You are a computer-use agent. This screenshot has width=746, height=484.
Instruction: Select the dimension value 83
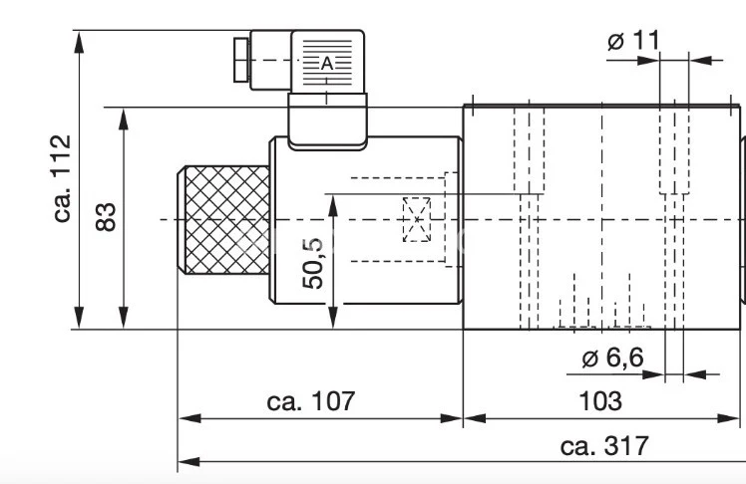pyautogui.click(x=108, y=216)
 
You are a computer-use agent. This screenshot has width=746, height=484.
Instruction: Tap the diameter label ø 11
pyautogui.click(x=633, y=41)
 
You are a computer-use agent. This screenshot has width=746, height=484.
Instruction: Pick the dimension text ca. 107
pyautogui.click(x=311, y=401)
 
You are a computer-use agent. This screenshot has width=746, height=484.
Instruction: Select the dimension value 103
pyautogui.click(x=599, y=401)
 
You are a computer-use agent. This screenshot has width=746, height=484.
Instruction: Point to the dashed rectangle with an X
pyautogui.click(x=416, y=219)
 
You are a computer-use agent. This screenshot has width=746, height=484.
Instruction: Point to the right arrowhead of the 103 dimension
pyautogui.click(x=738, y=416)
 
